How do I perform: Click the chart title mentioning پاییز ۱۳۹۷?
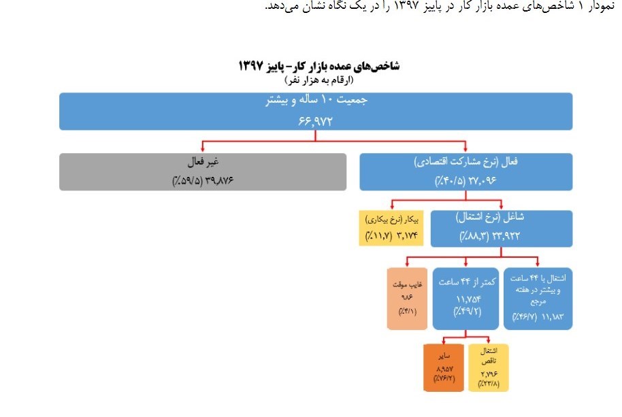coord(318,66)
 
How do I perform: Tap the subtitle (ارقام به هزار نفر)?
coord(318,80)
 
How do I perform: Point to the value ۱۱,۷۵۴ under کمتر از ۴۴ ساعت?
coord(464,299)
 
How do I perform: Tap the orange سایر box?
coord(443,367)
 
